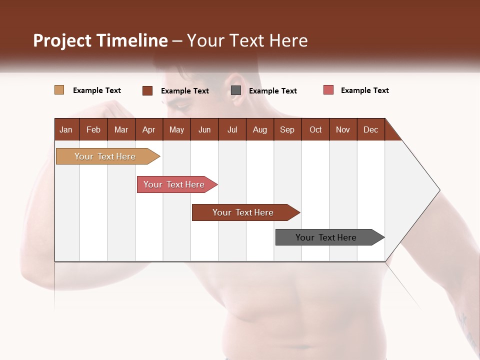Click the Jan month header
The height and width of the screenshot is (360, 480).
(66, 129)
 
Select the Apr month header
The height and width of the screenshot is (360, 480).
(148, 129)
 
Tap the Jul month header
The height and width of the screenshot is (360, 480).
(232, 129)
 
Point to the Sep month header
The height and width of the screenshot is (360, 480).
(287, 129)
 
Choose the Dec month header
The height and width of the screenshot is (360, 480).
(370, 129)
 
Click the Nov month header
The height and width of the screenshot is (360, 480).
(342, 129)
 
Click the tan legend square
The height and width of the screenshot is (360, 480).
(59, 90)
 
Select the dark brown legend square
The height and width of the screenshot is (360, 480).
(147, 90)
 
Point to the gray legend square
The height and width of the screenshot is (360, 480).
(236, 90)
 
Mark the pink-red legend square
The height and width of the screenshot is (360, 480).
(328, 90)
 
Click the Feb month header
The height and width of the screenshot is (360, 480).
(93, 129)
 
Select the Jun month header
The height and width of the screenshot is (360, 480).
(204, 129)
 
